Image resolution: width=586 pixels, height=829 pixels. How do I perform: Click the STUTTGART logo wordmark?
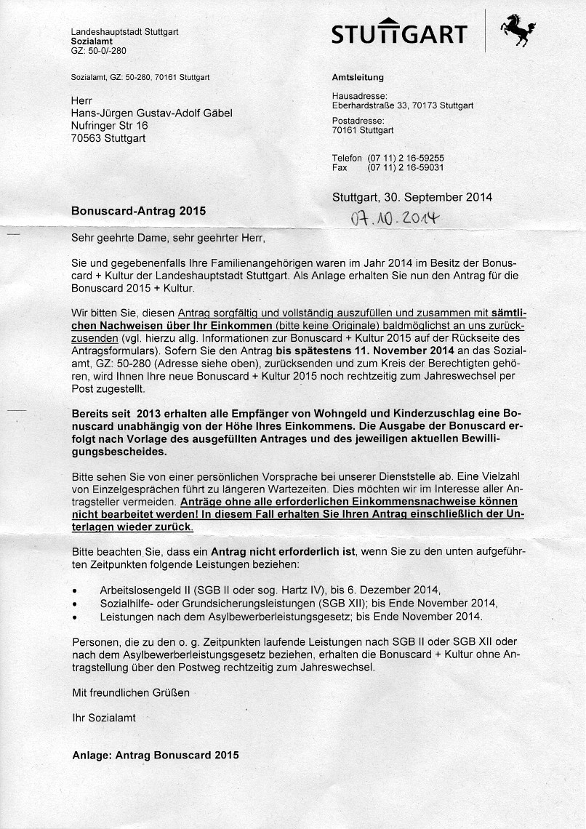coord(398,34)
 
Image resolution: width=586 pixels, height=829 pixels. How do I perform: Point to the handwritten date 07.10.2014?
coord(393,217)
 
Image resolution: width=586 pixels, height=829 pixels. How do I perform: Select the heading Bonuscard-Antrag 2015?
coord(138,211)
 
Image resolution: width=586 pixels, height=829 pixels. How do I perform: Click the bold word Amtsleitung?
coord(357,78)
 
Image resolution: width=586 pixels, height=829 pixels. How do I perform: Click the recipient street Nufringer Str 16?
coord(109,126)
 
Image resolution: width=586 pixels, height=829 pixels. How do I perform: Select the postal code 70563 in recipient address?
coord(87,138)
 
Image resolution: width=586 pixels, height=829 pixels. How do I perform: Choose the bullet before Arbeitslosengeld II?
coord(75,591)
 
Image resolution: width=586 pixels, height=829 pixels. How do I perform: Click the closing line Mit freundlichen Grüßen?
coord(131,692)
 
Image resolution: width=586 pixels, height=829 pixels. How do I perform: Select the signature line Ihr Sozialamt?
coord(103,718)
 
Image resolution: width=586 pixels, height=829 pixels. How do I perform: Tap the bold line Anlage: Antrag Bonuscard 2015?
coord(155,755)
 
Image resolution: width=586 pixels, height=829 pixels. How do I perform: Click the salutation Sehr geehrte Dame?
coord(117,238)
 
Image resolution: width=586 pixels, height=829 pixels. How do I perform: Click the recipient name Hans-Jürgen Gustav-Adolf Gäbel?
coord(151,113)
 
